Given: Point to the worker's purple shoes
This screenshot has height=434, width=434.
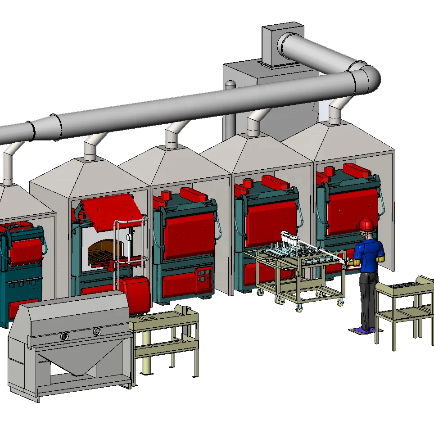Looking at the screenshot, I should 363,330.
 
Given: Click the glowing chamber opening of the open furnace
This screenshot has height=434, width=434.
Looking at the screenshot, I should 106,250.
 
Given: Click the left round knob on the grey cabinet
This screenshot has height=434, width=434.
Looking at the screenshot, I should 64,335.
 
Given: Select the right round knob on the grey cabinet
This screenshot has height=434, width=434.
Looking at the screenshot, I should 97,332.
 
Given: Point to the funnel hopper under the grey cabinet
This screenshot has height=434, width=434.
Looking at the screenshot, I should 72,365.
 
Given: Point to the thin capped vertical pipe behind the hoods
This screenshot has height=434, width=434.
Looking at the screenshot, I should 230,108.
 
